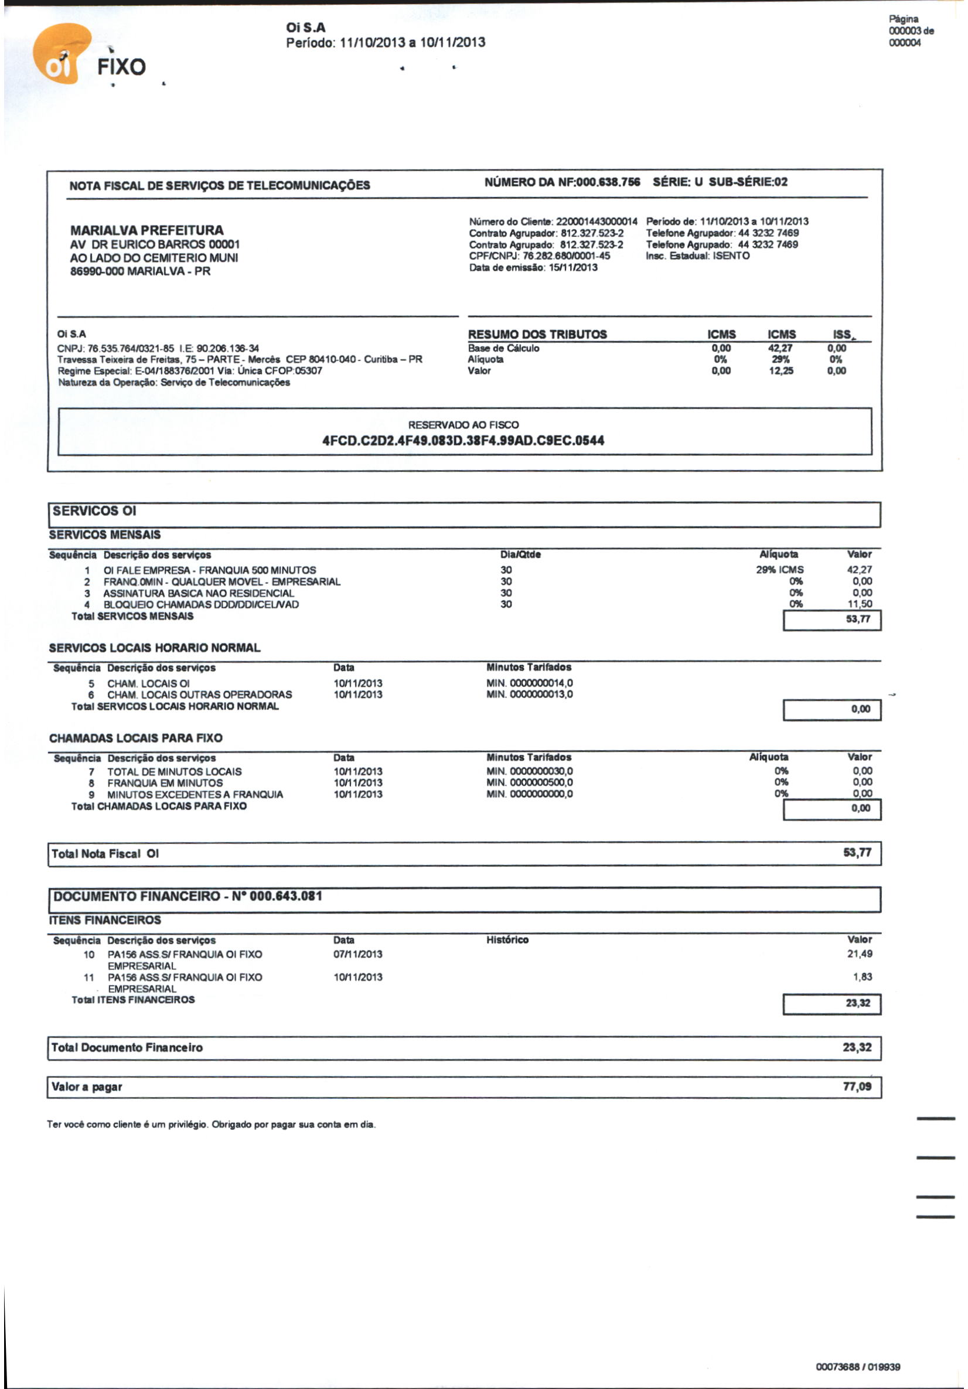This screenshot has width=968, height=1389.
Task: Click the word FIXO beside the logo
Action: click(x=122, y=67)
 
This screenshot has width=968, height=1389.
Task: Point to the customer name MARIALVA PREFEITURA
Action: click(x=147, y=230)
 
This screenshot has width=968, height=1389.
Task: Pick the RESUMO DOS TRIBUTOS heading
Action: click(x=537, y=335)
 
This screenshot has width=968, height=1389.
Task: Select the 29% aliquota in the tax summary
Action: click(x=780, y=359)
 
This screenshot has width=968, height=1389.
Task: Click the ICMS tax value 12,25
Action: click(x=781, y=371)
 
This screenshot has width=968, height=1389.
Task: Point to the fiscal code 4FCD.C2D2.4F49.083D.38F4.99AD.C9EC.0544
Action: click(x=463, y=440)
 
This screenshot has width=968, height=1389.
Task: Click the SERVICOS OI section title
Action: click(x=94, y=511)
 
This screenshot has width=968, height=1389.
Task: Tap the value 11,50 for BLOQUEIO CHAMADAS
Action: click(x=860, y=604)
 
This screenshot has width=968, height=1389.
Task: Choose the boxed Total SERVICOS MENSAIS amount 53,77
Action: click(x=858, y=619)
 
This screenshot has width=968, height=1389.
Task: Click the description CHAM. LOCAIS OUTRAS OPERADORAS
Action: click(x=200, y=694)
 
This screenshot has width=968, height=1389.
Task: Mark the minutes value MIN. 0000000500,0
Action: click(x=529, y=783)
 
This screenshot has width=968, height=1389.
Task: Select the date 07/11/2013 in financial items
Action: click(x=358, y=954)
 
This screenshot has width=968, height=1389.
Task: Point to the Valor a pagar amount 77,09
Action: click(x=857, y=1087)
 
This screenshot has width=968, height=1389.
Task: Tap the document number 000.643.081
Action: click(x=285, y=896)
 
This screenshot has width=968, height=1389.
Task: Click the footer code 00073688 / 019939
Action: click(x=858, y=1367)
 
